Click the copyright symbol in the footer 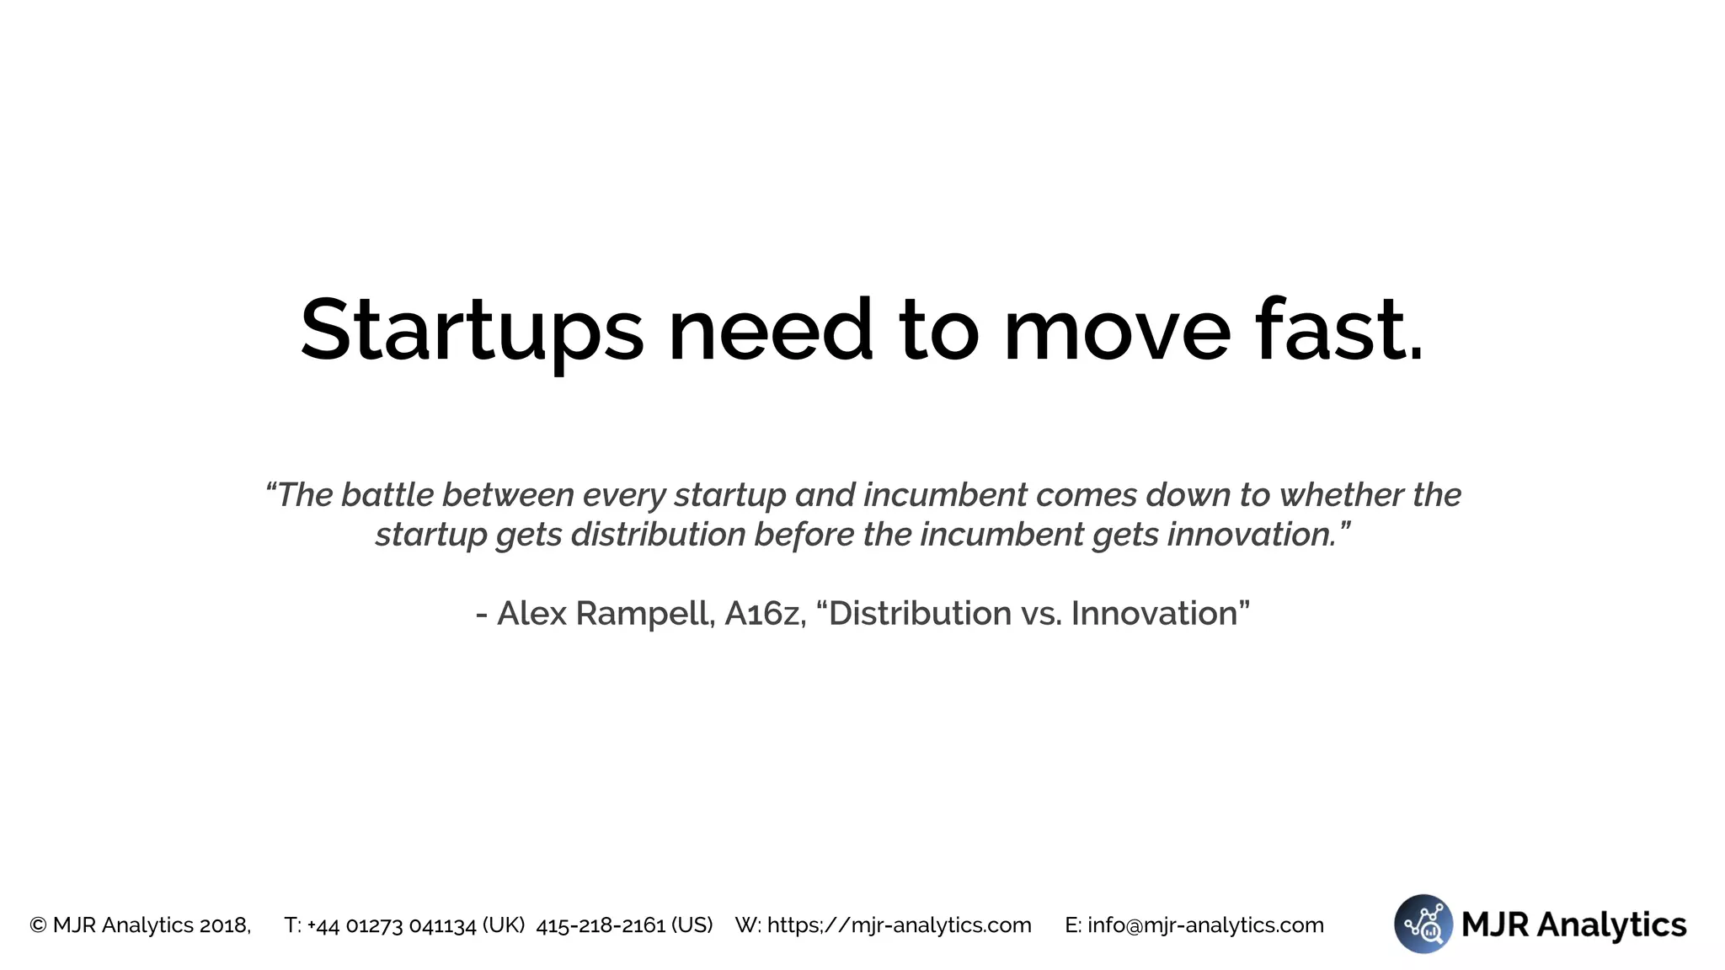point(38,925)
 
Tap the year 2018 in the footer point(224,925)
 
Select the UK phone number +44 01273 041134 point(393,925)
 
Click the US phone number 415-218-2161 point(601,925)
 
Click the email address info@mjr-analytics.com point(1205,925)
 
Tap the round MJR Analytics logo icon point(1423,924)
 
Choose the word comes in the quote point(1087,495)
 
